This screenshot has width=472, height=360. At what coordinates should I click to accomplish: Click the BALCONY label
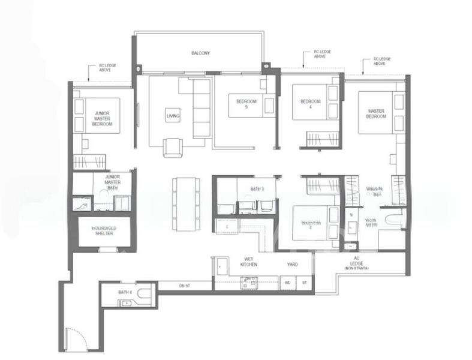coord(200,53)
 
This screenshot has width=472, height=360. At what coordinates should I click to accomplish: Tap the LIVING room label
coord(173,116)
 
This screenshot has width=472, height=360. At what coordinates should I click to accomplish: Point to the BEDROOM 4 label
coord(306,104)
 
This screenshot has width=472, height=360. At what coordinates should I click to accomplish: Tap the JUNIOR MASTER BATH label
coord(113,182)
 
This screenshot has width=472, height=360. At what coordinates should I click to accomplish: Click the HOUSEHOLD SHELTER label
coord(103,231)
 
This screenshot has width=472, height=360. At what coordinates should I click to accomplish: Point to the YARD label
coord(293,263)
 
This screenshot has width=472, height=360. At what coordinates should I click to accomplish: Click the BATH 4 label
coord(124,292)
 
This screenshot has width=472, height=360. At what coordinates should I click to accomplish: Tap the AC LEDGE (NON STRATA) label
coord(356,265)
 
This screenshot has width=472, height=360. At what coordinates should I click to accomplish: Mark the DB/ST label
coord(184,286)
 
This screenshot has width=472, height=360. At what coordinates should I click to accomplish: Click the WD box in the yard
coord(287,281)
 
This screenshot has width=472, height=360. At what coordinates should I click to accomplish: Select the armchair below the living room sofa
coord(172,147)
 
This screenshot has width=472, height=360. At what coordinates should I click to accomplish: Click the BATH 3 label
coord(257,189)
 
